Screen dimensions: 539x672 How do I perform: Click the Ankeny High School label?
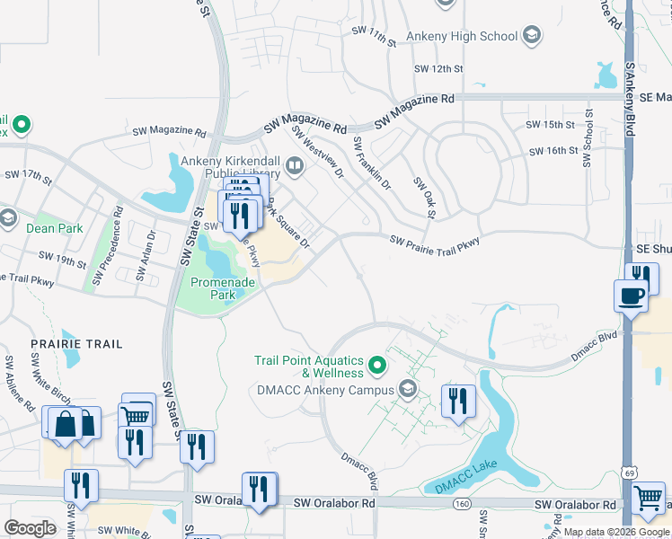point(462,36)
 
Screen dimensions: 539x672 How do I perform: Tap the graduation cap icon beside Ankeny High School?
point(532,36)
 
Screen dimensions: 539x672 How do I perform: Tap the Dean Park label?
point(55,228)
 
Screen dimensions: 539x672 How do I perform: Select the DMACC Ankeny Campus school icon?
point(408,389)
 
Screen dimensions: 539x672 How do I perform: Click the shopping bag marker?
point(66,423)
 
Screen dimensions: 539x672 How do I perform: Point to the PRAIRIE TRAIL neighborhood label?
point(76,344)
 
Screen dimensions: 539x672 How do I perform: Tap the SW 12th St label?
point(438,68)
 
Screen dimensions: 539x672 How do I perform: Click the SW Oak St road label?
point(424,196)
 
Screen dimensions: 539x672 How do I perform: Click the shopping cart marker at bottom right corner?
point(648,497)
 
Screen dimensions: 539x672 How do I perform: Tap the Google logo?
point(30,528)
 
